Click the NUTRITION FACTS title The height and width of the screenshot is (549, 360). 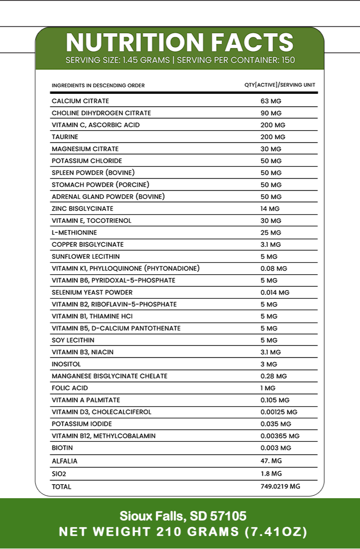coord(180,42)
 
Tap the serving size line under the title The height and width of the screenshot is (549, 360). coord(180,60)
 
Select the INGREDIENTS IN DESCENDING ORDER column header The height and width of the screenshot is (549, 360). coord(98,85)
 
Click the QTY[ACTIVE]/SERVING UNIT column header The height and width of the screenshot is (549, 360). coord(280,85)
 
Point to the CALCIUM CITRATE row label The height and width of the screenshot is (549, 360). coord(80,101)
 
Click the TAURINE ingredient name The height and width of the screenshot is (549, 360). coord(65,137)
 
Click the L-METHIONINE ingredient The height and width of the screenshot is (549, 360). coord(74,233)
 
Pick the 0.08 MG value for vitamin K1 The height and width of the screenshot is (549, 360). coord(274,269)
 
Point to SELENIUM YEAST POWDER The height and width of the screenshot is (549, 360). coord(92,293)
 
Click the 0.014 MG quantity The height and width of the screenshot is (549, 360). coord(275,293)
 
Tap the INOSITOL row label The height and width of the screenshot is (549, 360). coord(66,365)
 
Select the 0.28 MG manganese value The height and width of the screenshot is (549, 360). coord(274,376)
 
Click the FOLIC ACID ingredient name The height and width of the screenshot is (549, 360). coord(69,388)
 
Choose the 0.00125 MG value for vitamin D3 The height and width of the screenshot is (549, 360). coord(279,412)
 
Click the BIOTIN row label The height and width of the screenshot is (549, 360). coord(62,448)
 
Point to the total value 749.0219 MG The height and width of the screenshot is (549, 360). coord(280,487)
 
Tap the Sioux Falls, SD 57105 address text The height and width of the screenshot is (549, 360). coord(183,516)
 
